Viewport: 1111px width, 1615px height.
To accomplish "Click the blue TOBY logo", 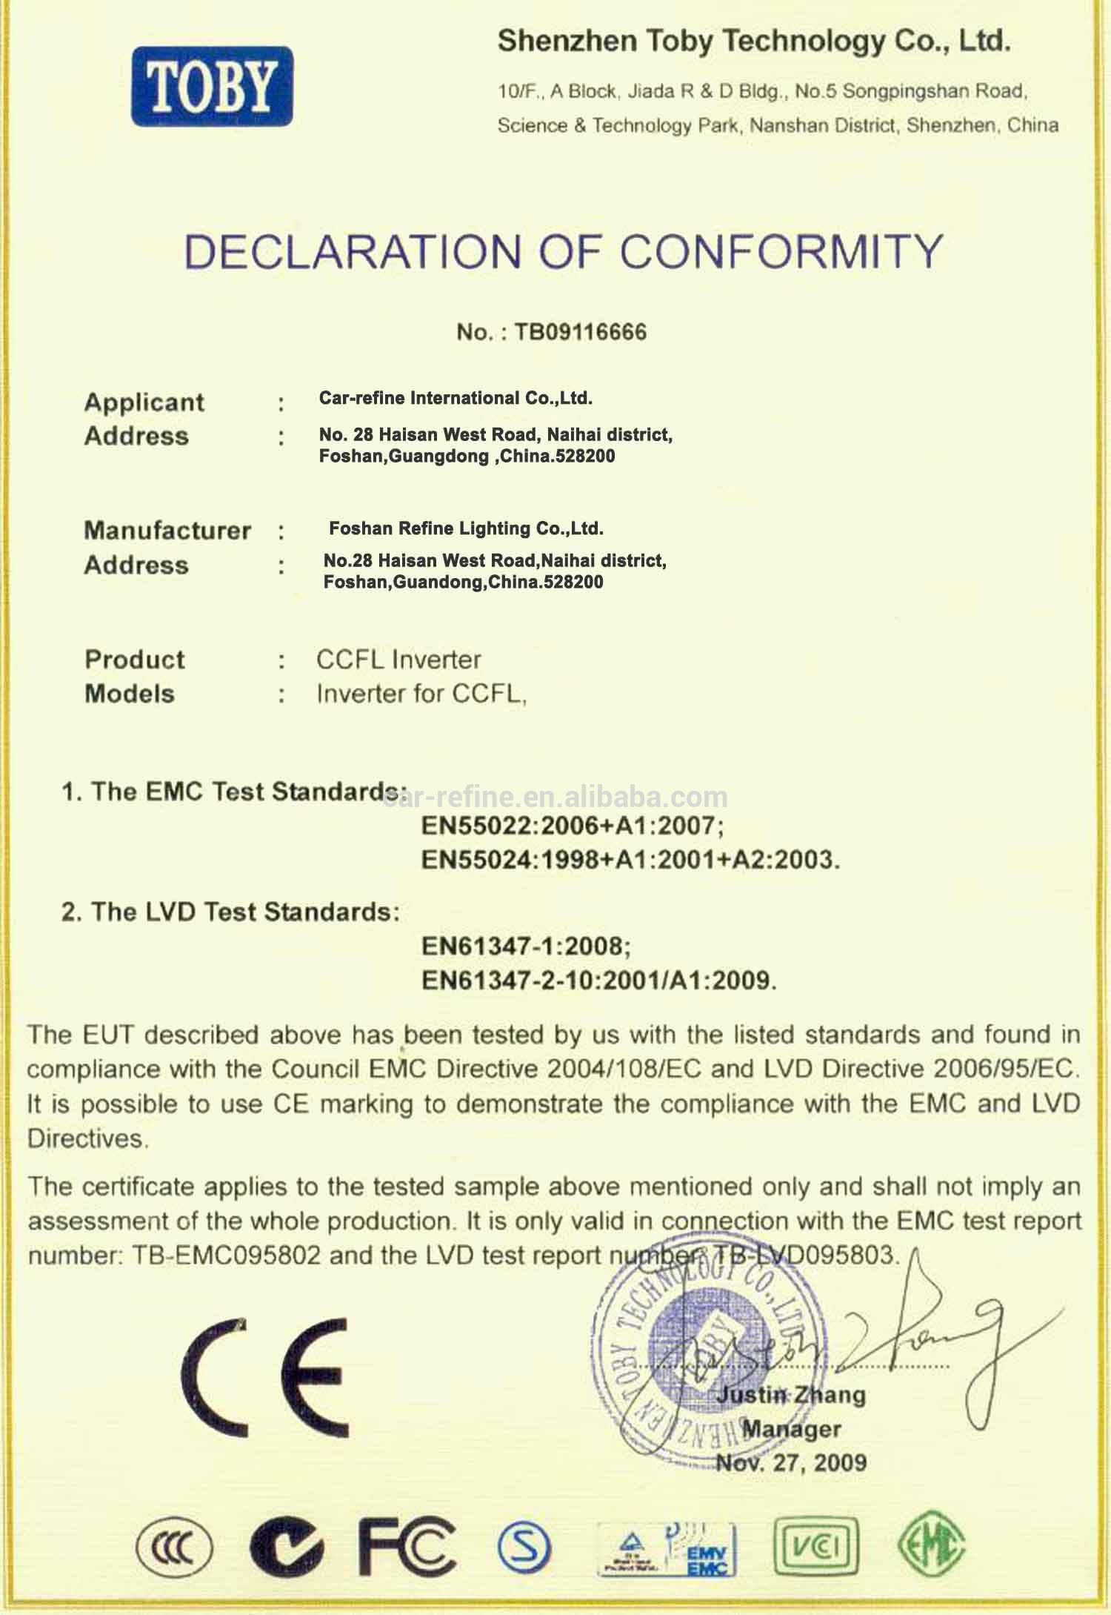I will (212, 86).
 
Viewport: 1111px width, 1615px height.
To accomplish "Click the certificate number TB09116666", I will (580, 331).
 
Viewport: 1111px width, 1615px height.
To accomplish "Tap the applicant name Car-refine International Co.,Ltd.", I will (456, 398).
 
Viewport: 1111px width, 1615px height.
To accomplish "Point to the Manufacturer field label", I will (167, 530).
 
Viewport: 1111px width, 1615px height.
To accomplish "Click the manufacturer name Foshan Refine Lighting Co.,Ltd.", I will (466, 528).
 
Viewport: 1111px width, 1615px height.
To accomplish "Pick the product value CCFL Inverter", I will (398, 659).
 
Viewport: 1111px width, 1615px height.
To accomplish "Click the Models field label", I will (130, 694).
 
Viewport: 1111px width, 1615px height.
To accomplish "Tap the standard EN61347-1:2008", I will (526, 946).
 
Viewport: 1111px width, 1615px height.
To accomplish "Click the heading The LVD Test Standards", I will (230, 912).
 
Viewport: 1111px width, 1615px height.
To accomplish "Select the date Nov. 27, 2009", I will (791, 1462).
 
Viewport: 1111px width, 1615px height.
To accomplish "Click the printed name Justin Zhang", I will (791, 1395).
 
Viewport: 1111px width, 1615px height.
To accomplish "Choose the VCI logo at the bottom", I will (815, 1546).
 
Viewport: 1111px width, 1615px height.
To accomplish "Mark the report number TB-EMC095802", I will (227, 1256).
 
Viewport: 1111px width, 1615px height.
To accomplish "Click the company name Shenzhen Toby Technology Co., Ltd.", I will (753, 41).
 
